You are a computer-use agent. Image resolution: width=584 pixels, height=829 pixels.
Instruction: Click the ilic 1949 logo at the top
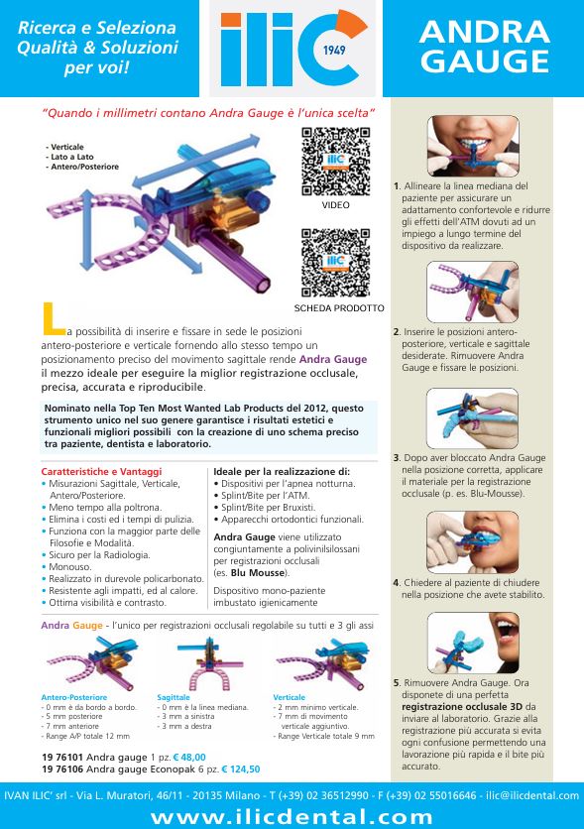click(x=293, y=49)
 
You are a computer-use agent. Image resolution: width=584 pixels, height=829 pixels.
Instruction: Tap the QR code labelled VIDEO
click(x=335, y=162)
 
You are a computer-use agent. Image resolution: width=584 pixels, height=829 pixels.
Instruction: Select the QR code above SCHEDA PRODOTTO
click(x=335, y=263)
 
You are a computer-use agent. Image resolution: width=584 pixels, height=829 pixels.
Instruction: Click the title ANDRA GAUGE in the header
click(x=485, y=47)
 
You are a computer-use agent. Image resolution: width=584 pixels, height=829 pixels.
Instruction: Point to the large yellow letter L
click(x=53, y=318)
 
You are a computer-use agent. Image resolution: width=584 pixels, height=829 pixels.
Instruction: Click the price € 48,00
click(x=189, y=757)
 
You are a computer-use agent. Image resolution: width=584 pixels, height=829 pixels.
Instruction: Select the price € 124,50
click(x=241, y=770)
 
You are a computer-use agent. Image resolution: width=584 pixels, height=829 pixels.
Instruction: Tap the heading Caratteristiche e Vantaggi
click(x=101, y=472)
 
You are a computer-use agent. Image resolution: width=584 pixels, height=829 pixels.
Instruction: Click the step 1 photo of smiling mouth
click(x=473, y=146)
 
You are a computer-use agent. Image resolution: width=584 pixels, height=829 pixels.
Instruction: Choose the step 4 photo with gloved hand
click(x=473, y=542)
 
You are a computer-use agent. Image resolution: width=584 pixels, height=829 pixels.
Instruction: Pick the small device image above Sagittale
click(x=210, y=663)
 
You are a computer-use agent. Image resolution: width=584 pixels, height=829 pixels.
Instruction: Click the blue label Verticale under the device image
click(x=290, y=697)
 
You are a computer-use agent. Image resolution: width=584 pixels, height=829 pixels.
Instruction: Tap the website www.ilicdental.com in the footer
click(x=292, y=816)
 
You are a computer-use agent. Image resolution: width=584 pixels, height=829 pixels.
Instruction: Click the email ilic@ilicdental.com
click(x=532, y=795)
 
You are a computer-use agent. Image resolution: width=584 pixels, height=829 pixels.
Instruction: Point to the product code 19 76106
click(x=62, y=770)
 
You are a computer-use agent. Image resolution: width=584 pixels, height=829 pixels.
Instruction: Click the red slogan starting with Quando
click(x=208, y=113)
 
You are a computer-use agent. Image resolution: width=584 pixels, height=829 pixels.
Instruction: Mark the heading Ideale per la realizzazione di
click(x=282, y=472)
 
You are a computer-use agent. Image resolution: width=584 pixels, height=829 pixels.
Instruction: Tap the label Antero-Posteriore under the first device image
click(x=74, y=697)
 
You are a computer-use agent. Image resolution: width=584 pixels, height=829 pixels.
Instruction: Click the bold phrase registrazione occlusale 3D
click(x=462, y=707)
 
